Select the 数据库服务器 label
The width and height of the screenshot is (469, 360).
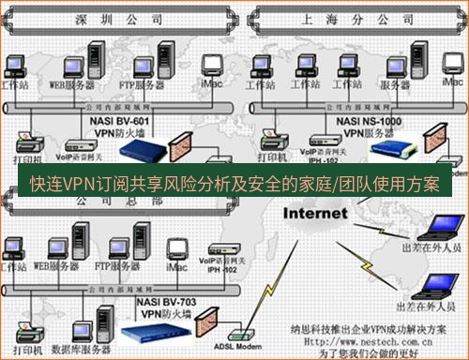pyautogui.click(x=71, y=350)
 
